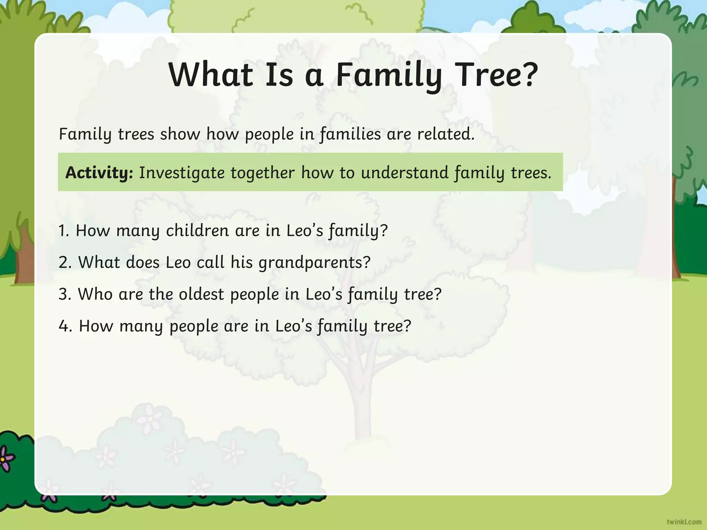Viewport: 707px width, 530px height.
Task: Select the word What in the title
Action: pos(211,75)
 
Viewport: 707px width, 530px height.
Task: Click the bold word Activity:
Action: pos(99,173)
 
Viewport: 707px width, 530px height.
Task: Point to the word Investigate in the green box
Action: pos(182,173)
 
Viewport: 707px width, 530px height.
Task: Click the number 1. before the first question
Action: pos(64,230)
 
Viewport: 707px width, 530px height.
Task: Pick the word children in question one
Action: pos(197,230)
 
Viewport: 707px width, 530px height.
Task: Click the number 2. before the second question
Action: pos(65,262)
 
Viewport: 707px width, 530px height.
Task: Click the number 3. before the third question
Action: pos(65,294)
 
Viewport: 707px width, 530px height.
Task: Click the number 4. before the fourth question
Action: pos(65,326)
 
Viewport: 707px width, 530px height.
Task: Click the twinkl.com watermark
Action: pos(684,522)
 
